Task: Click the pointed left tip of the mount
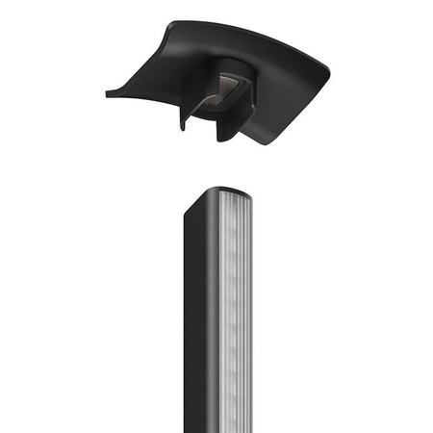point(106,93)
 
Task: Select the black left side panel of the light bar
point(197,318)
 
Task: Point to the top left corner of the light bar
point(186,207)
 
